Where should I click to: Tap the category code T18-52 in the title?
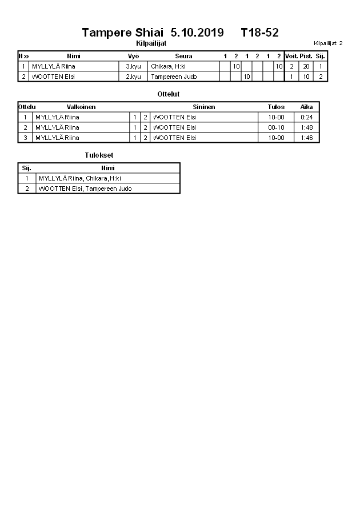259,33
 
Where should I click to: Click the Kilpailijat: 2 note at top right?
328,43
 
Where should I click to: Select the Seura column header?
183,56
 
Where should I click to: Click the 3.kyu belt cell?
133,66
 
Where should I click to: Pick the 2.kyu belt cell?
133,77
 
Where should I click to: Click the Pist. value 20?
306,66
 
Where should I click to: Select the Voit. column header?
291,56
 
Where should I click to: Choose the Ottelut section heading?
168,94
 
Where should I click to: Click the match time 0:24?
306,117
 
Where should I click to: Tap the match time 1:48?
306,127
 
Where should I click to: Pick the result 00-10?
276,127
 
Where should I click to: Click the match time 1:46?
306,138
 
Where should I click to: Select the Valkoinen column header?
81,107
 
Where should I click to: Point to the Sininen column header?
204,107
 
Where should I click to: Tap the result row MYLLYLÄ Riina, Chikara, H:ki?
80,178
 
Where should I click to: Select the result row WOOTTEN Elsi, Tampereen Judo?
85,189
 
